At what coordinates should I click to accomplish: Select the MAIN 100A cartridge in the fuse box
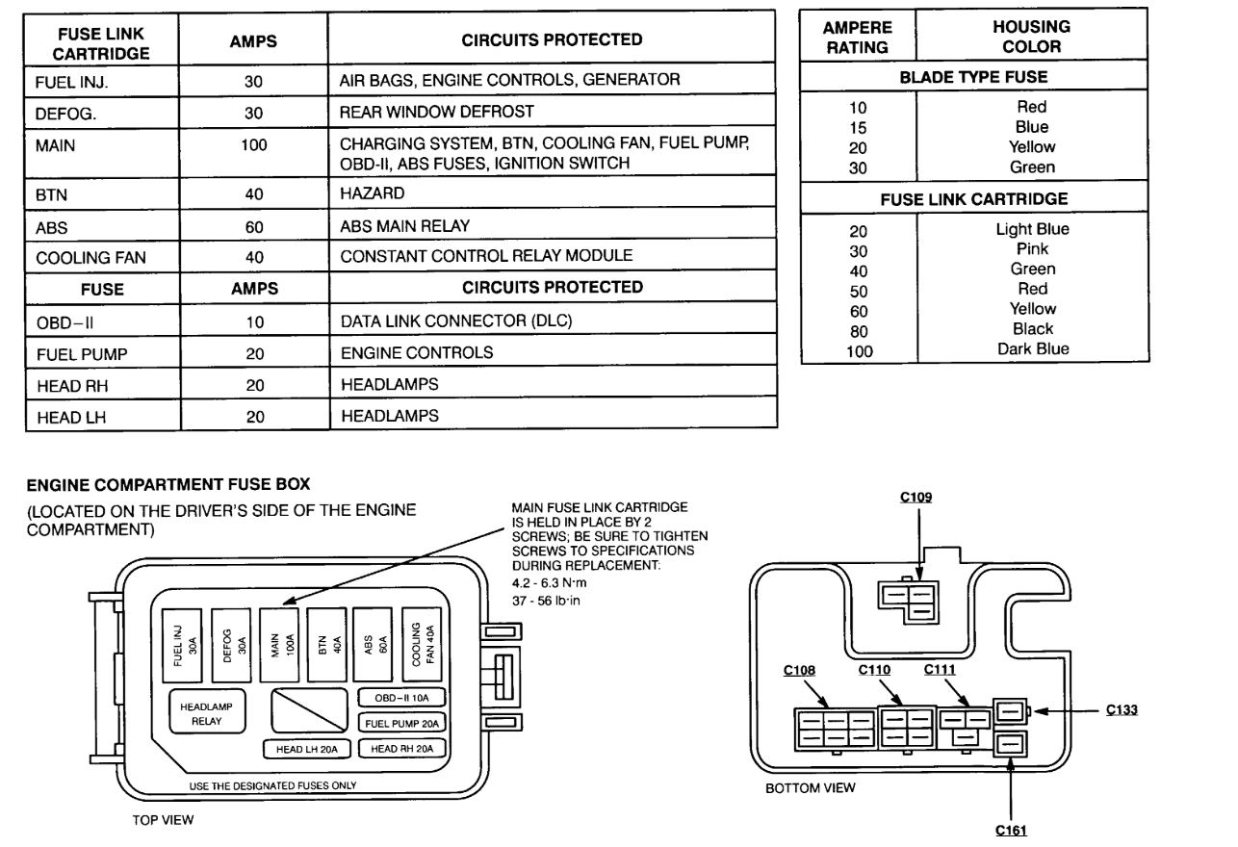(x=281, y=644)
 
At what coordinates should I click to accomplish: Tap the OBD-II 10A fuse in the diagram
(x=401, y=697)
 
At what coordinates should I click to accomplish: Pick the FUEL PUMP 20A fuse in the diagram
(x=401, y=723)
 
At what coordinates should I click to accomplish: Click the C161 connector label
(x=1012, y=829)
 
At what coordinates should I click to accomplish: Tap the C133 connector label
(x=1122, y=709)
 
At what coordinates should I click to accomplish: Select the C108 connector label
(x=800, y=670)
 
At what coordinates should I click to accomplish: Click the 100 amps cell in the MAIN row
(x=254, y=145)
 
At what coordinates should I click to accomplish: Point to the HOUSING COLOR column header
(x=1031, y=38)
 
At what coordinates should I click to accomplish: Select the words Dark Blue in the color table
(x=1032, y=349)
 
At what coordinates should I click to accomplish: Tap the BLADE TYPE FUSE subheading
(x=973, y=77)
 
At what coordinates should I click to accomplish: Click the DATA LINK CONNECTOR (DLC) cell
(x=456, y=321)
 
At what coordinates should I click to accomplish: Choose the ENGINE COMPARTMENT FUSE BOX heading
(x=168, y=482)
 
